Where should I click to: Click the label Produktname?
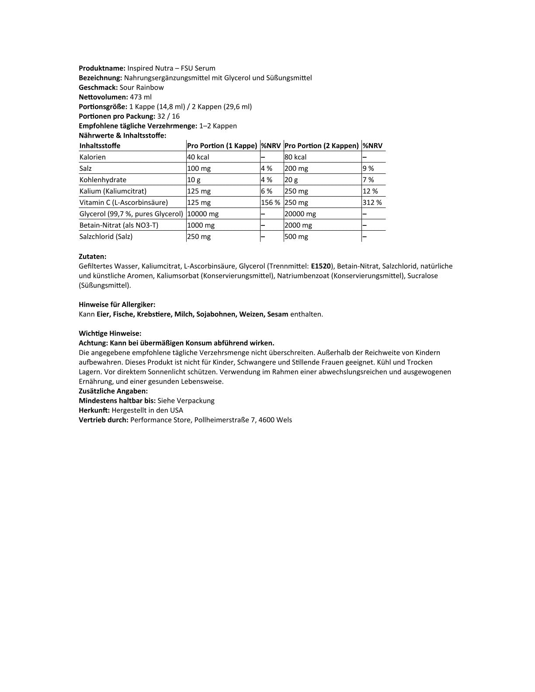[102, 68]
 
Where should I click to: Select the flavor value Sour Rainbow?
[142, 87]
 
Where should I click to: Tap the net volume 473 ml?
[141, 97]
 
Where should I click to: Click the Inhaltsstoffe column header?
[100, 146]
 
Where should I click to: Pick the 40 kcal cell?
[198, 157]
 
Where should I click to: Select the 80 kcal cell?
[295, 157]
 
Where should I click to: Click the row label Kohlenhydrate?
[103, 180]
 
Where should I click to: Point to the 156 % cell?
[271, 203]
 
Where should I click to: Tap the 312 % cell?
[372, 203]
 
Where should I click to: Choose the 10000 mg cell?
[203, 214]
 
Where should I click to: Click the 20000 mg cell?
[300, 214]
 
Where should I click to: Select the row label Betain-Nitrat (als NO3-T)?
[119, 225]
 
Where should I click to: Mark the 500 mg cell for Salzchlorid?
[296, 237]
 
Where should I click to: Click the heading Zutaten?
[92, 257]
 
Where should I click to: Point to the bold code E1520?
[321, 266]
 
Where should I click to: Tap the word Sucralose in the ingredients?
[422, 276]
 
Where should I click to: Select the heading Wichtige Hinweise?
[110, 333]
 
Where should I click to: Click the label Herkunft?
[94, 410]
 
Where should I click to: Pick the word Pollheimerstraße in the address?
[222, 420]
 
